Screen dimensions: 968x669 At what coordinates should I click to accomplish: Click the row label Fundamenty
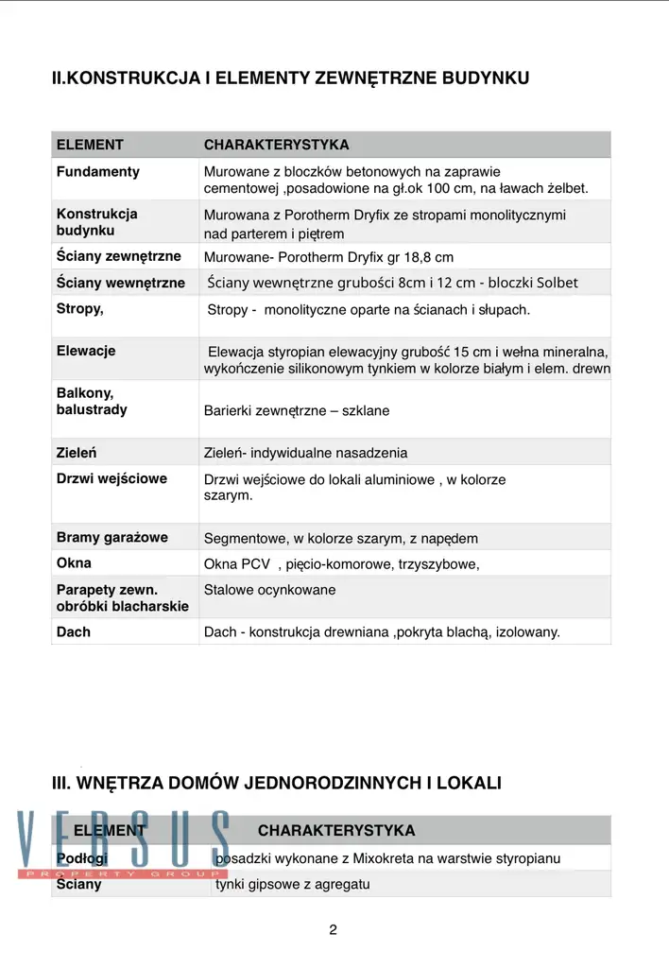click(x=98, y=172)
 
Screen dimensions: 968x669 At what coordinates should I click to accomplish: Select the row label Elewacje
click(x=86, y=351)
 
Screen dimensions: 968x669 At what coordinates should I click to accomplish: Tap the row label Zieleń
click(x=77, y=453)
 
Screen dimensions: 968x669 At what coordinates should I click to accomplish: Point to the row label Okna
click(x=75, y=563)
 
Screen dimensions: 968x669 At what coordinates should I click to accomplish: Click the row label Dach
click(x=74, y=631)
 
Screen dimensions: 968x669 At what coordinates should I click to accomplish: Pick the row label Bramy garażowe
click(x=112, y=538)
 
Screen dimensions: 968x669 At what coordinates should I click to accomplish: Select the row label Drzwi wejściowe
click(x=111, y=478)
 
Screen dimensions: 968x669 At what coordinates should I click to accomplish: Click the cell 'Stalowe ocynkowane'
click(x=269, y=591)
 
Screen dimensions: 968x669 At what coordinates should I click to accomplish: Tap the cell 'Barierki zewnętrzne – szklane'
click(x=297, y=411)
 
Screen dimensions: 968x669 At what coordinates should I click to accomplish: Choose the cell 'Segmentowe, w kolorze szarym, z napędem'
click(x=341, y=539)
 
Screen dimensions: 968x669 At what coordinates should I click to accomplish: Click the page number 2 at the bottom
click(x=333, y=929)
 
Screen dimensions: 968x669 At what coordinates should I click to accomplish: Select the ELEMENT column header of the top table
click(x=90, y=145)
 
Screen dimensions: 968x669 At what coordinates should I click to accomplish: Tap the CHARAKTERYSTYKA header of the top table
click(x=276, y=145)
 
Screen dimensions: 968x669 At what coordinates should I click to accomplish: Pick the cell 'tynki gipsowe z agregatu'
click(x=293, y=885)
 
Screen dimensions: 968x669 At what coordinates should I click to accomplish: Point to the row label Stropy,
click(x=80, y=308)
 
